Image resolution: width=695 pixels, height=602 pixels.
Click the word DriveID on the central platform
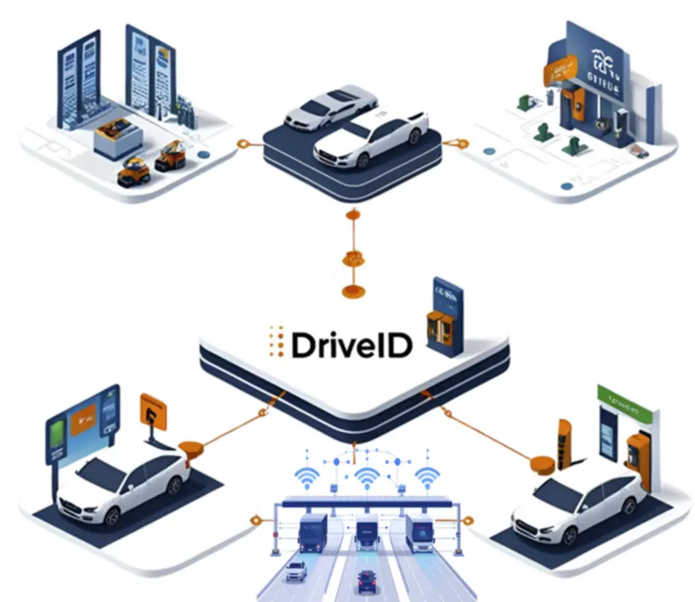pos(351,344)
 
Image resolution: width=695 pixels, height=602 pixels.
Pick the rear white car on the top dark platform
pos(321,108)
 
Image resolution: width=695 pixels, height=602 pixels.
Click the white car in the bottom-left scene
pos(124,483)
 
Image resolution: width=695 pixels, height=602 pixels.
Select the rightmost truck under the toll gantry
pos(420,533)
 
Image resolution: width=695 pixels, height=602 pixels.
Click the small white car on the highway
pos(296,571)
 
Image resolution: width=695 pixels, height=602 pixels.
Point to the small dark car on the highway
pos(367,581)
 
